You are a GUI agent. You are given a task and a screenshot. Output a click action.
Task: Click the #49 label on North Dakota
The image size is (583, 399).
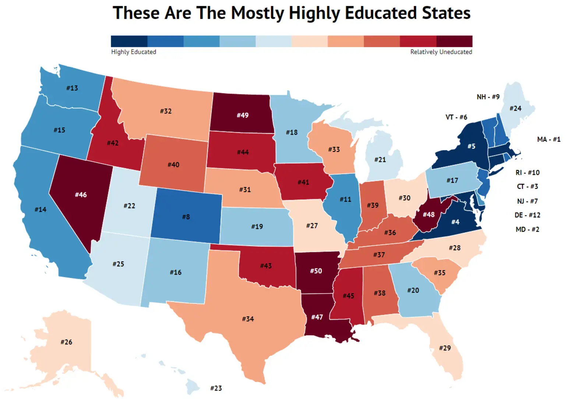(243, 115)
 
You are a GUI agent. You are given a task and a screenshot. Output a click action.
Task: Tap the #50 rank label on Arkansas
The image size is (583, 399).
(316, 271)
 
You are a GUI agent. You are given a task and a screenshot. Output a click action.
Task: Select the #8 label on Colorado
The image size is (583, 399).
(186, 217)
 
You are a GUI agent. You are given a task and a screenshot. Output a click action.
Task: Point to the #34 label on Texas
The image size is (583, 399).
(248, 318)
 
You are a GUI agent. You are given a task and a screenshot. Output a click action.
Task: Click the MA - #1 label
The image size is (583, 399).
(548, 139)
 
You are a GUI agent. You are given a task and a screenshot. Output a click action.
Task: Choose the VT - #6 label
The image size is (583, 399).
(456, 117)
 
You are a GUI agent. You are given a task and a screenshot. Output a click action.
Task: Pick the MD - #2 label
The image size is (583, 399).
(527, 229)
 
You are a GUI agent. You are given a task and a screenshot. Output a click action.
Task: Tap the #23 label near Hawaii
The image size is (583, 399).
(216, 388)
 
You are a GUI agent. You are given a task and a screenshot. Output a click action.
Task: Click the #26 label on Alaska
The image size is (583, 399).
(66, 342)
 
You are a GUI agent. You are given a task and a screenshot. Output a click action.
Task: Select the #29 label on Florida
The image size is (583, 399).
(445, 348)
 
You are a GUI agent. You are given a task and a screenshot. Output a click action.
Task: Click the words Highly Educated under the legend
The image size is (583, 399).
(134, 52)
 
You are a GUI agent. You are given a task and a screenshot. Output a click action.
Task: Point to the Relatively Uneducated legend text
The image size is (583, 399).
(441, 52)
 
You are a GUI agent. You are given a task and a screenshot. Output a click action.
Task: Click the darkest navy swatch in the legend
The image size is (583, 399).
(129, 41)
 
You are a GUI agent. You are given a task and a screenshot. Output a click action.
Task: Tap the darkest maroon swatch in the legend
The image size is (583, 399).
(454, 41)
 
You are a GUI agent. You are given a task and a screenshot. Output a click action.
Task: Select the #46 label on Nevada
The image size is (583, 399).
(81, 195)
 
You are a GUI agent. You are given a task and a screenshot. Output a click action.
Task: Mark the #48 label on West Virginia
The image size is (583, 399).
(428, 214)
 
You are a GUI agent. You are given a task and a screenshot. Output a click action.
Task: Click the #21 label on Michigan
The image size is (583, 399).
(380, 159)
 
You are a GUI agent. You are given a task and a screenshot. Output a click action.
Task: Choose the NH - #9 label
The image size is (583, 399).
(488, 97)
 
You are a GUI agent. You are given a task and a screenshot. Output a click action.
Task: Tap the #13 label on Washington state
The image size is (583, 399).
(72, 88)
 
